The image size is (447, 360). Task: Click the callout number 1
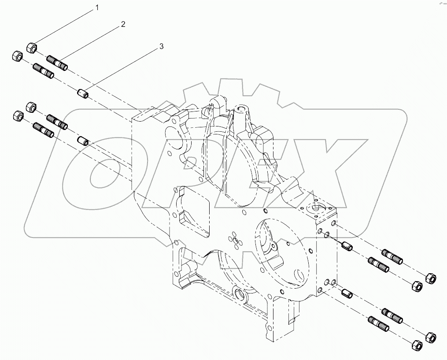98,7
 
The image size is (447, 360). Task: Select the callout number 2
123,24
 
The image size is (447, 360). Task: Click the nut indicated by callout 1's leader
32,47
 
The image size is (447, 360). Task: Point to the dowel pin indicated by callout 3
82,94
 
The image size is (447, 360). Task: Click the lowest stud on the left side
43,131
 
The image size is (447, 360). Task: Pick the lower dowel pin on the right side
347,293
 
